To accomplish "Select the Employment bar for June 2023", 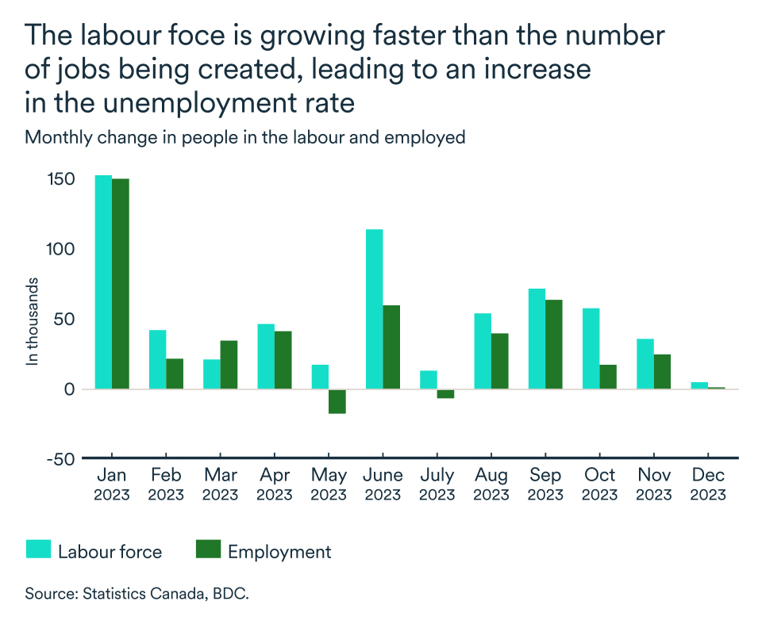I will click(x=391, y=347).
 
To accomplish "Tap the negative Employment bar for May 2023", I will click(x=337, y=401).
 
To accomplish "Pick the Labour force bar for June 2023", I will click(x=374, y=309).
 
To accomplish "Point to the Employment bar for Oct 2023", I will click(x=608, y=377).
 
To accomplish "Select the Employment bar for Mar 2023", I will click(x=229, y=365).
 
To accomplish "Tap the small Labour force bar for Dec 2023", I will click(x=699, y=385).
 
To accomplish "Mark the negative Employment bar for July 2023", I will click(x=445, y=394).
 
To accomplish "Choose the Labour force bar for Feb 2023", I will click(x=157, y=359).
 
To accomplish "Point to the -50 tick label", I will click(x=60, y=458).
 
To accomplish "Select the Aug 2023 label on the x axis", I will click(x=491, y=484).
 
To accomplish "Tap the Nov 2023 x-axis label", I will click(x=654, y=484).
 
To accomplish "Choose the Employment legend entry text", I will click(x=279, y=552).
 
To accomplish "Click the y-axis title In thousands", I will click(x=33, y=320).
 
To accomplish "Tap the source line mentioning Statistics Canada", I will click(x=137, y=593).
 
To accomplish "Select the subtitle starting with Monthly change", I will click(x=244, y=137).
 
